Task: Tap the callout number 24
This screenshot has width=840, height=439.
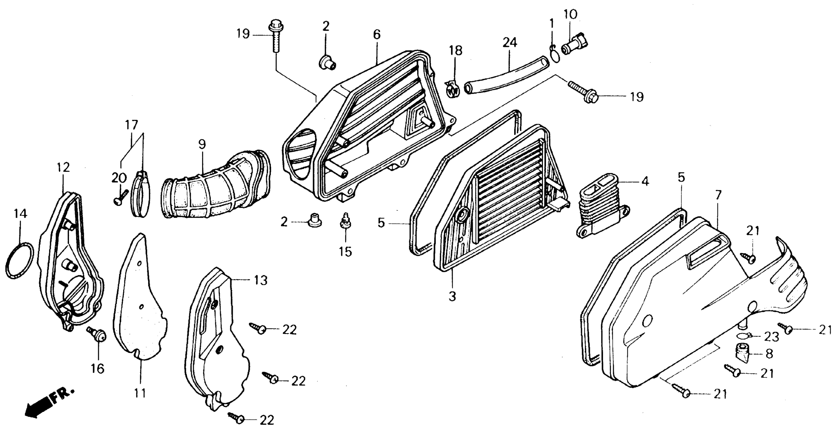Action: pyautogui.click(x=509, y=43)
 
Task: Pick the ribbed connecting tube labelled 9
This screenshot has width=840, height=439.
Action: pyautogui.click(x=215, y=189)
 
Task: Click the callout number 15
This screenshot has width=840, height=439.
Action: pyautogui.click(x=345, y=252)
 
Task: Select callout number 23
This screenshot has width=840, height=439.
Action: pyautogui.click(x=771, y=337)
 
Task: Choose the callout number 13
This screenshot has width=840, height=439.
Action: pyautogui.click(x=260, y=280)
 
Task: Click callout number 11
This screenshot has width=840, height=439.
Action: pyautogui.click(x=140, y=393)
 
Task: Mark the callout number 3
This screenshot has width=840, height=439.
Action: pyautogui.click(x=452, y=296)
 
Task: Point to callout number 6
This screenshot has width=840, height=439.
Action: pyautogui.click(x=377, y=35)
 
